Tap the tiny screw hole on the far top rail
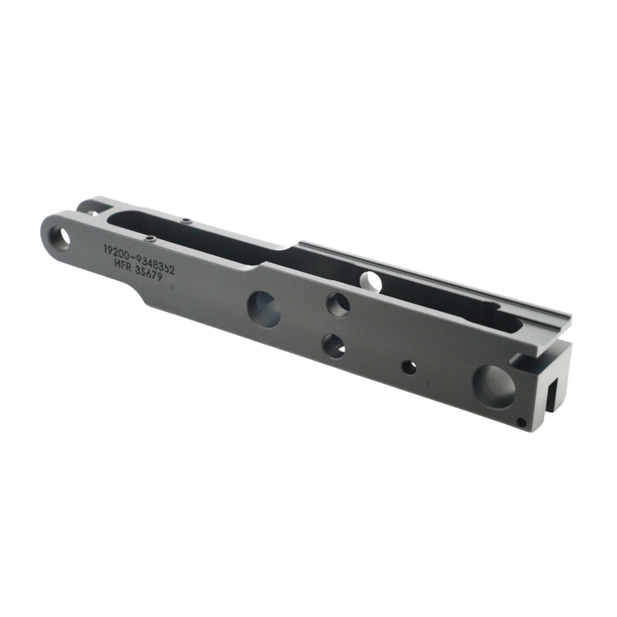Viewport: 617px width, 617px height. pyautogui.click(x=187, y=220)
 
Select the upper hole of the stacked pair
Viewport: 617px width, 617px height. pyautogui.click(x=338, y=304)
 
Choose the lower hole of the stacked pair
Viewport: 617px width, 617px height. pyautogui.click(x=333, y=345)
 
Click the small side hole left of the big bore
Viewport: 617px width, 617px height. pyautogui.click(x=410, y=367)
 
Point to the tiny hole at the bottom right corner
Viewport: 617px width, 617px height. pyautogui.click(x=522, y=421)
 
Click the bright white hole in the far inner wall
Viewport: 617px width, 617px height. pyautogui.click(x=371, y=279)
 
